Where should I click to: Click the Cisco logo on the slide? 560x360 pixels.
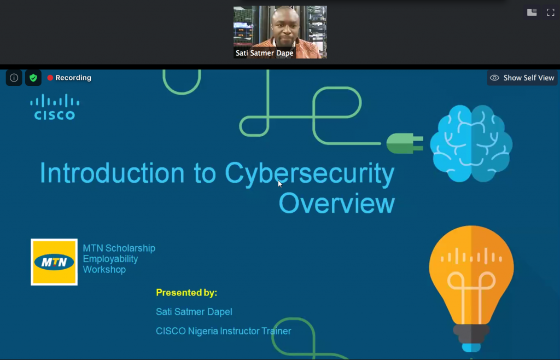click(55, 107)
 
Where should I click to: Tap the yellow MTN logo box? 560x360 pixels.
click(54, 262)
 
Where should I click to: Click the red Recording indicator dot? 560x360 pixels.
click(50, 78)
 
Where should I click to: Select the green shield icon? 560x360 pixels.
click(33, 78)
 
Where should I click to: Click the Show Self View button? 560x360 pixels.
click(522, 78)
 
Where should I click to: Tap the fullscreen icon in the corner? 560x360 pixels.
click(550, 13)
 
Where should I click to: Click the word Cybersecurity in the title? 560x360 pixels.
click(310, 174)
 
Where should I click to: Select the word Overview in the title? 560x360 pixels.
click(337, 203)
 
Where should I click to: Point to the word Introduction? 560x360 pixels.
click(112, 173)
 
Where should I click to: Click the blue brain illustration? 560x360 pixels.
click(471, 143)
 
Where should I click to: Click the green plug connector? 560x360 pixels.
click(405, 143)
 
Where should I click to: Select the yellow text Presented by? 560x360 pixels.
click(186, 293)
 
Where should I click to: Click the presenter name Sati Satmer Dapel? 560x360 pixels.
click(194, 312)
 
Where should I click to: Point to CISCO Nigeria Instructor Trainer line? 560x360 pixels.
click(224, 331)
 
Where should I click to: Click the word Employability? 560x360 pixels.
click(110, 259)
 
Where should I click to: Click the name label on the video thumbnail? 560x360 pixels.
click(264, 53)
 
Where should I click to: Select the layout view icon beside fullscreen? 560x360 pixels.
click(532, 13)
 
